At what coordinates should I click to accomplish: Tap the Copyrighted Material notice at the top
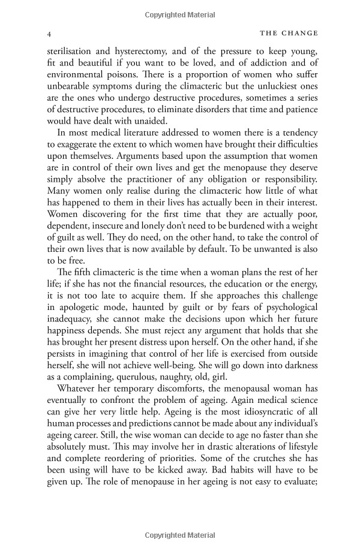coord(181,12)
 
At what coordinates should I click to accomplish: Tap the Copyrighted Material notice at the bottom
coord(181,534)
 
